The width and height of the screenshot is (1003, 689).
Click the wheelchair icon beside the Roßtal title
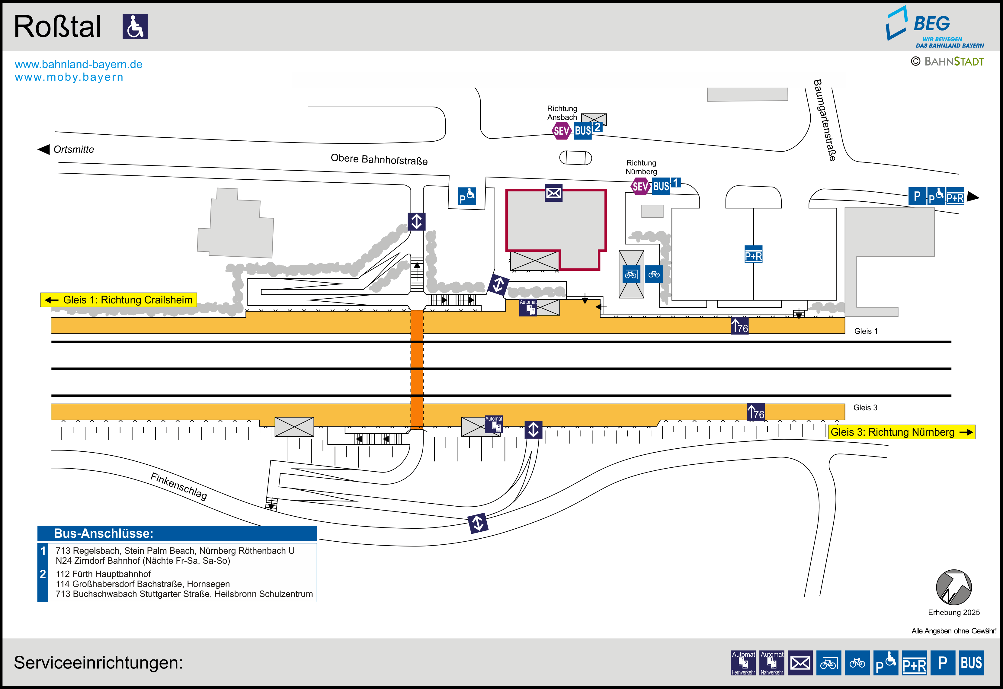click(x=135, y=26)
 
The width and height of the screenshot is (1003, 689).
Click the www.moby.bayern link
click(x=69, y=77)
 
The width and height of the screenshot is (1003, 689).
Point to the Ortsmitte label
click(x=73, y=149)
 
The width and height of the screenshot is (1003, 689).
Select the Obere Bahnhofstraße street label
click(x=379, y=159)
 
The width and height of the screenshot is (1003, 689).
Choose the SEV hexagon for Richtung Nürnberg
click(x=640, y=187)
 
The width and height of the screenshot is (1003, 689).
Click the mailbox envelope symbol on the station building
click(x=553, y=193)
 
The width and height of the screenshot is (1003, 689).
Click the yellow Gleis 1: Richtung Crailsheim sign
click(x=119, y=300)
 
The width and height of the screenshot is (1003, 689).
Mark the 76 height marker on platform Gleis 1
click(x=739, y=326)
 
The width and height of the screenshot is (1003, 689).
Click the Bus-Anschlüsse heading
click(x=104, y=534)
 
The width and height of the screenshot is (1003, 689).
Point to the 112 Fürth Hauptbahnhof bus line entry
click(x=103, y=574)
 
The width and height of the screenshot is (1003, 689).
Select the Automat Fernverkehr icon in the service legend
click(x=743, y=663)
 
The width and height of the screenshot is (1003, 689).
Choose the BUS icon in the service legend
click(x=971, y=663)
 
